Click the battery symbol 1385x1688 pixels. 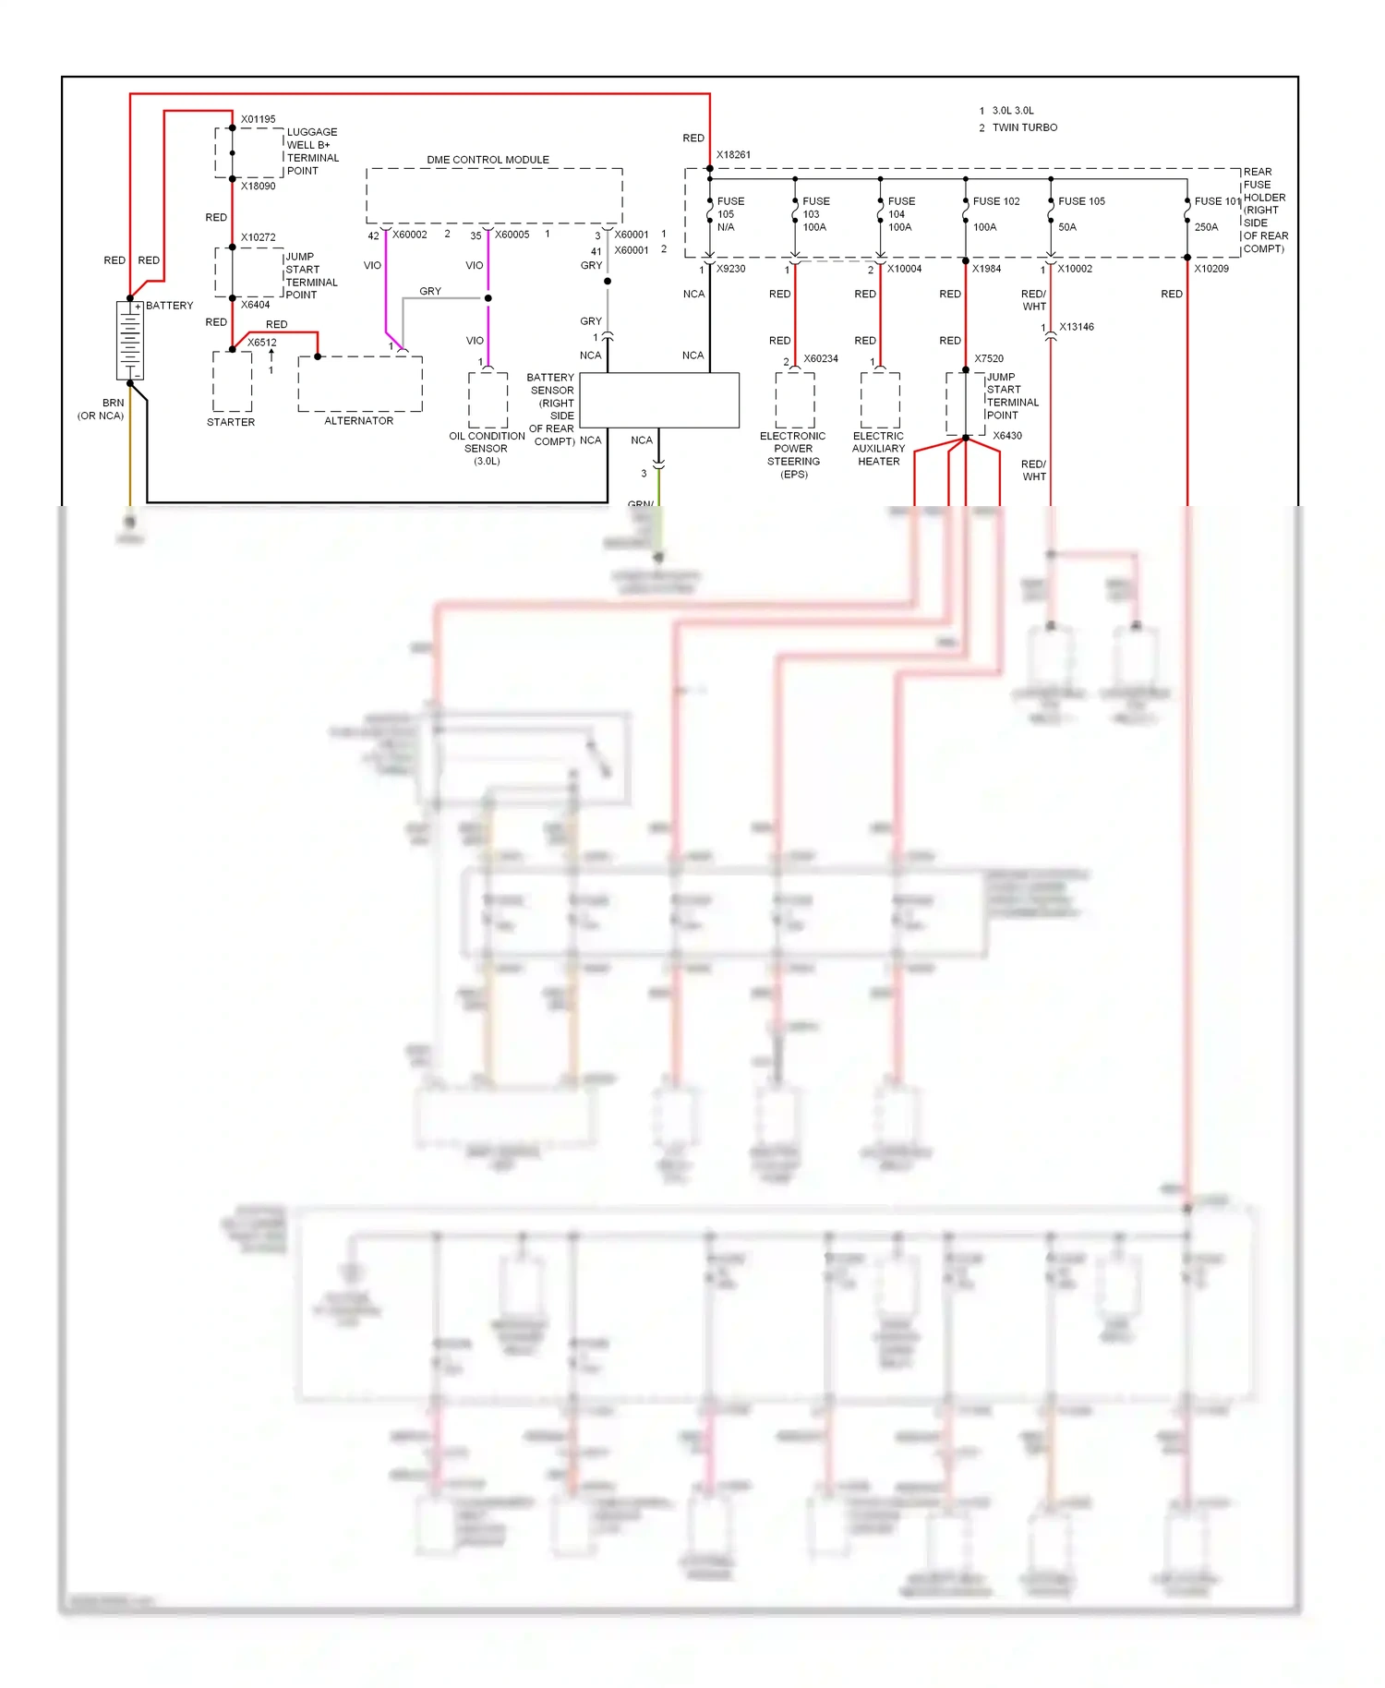(x=130, y=341)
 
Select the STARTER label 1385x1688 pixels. (x=231, y=422)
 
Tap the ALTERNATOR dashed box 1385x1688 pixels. (x=360, y=383)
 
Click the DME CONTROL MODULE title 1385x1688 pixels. (x=488, y=160)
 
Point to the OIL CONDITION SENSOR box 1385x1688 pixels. (x=488, y=400)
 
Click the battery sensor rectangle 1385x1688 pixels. (x=659, y=400)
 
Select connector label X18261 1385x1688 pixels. (x=733, y=155)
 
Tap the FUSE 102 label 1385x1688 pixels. (x=996, y=201)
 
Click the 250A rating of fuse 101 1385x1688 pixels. (x=1206, y=227)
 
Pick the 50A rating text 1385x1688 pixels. (x=1067, y=227)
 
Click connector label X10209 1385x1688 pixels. (x=1210, y=269)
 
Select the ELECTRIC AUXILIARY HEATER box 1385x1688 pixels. (x=880, y=400)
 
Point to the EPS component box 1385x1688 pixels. (x=794, y=400)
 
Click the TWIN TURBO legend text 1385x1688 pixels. (x=1025, y=127)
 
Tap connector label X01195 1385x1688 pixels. (x=258, y=119)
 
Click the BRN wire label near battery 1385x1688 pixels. (x=113, y=403)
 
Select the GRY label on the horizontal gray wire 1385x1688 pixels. (x=430, y=291)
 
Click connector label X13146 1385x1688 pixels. (x=1077, y=327)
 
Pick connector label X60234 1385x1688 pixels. (x=821, y=358)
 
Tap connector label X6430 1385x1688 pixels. (x=1007, y=436)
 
